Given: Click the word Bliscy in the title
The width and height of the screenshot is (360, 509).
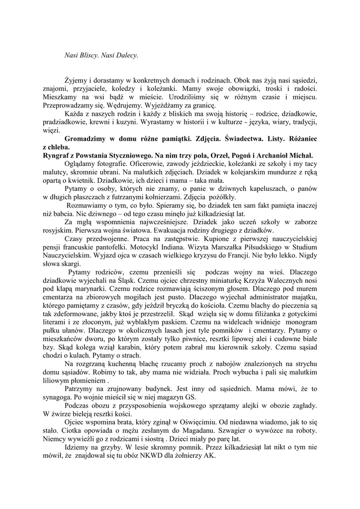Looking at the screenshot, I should (x=90, y=55).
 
